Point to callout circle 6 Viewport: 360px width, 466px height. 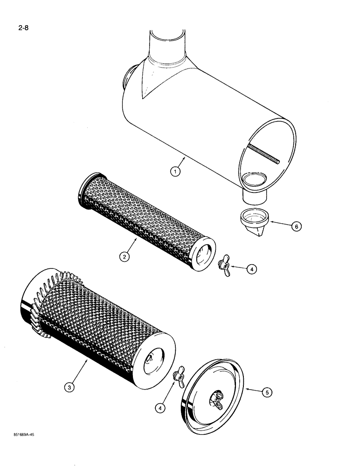pyautogui.click(x=296, y=226)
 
